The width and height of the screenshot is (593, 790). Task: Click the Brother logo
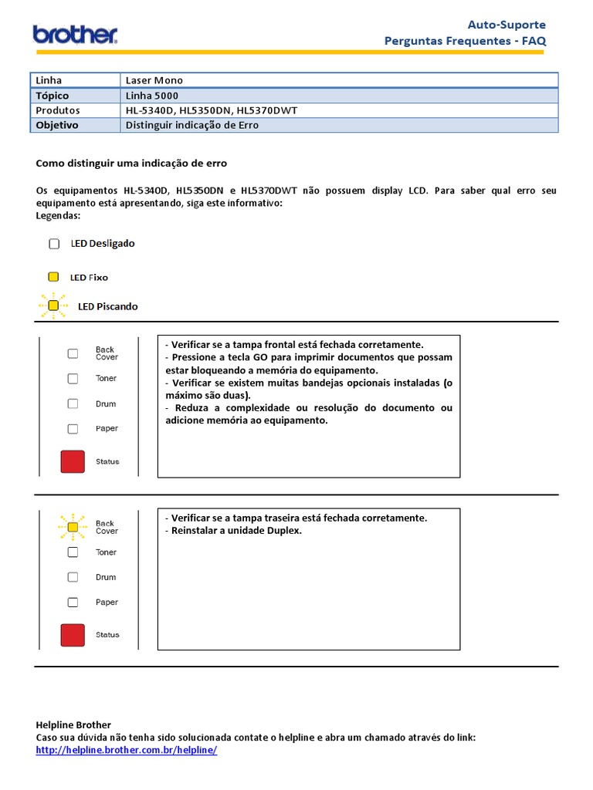(x=75, y=34)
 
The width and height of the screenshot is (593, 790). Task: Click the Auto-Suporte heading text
(x=507, y=25)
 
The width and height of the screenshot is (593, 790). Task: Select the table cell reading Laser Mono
(x=154, y=80)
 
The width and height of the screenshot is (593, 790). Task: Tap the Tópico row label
(x=52, y=96)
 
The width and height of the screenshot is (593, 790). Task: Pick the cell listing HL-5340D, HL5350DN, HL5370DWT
(x=211, y=110)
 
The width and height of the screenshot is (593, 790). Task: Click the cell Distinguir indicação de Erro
(x=192, y=125)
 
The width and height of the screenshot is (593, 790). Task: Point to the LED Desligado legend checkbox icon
(x=54, y=244)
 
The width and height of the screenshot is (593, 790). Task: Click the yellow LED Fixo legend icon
(x=53, y=277)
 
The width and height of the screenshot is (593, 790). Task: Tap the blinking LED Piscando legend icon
(x=53, y=306)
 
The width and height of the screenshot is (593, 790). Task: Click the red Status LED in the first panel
(x=73, y=461)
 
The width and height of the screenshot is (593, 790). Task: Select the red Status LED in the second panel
(x=73, y=635)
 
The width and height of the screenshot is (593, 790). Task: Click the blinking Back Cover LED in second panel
(x=73, y=527)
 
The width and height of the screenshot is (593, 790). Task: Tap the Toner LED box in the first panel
(x=73, y=379)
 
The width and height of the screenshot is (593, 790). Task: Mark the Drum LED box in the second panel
(x=73, y=577)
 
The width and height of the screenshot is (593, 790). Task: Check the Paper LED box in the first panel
(x=73, y=429)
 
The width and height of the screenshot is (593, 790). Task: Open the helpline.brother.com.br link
(x=127, y=750)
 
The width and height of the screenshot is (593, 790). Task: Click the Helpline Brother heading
(x=73, y=724)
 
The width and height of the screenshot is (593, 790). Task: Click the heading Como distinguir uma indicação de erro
(x=131, y=164)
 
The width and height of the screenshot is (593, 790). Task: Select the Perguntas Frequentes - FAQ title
(x=465, y=41)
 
